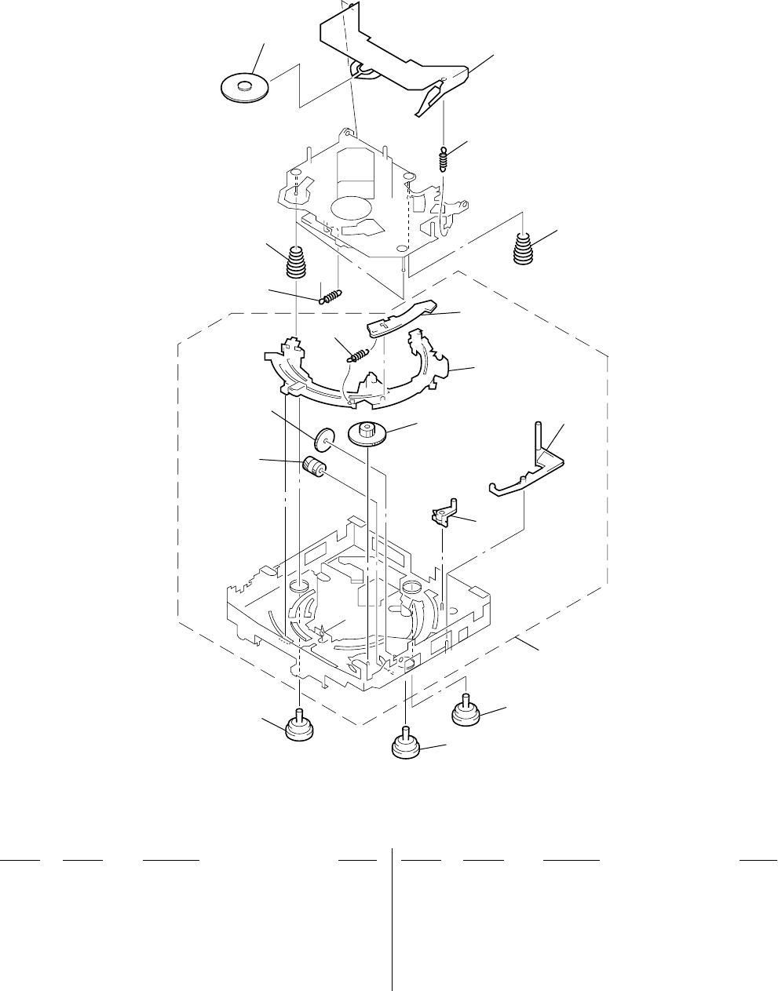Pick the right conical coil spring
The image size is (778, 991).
tap(524, 248)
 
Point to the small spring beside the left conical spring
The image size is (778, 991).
tap(331, 295)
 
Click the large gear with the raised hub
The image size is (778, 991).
tap(366, 434)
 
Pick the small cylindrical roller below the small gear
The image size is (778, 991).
tap(314, 466)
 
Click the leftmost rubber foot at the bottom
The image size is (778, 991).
tap(299, 727)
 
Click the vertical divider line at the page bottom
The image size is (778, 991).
tap(392, 918)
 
